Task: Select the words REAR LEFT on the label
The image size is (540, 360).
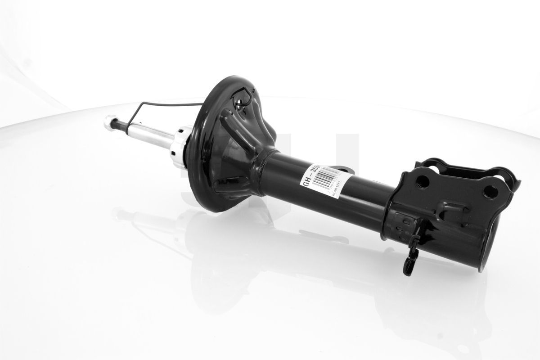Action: click(337, 188)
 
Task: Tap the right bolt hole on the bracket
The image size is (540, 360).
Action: click(490, 191)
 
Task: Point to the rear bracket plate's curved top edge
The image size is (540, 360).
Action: click(468, 165)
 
